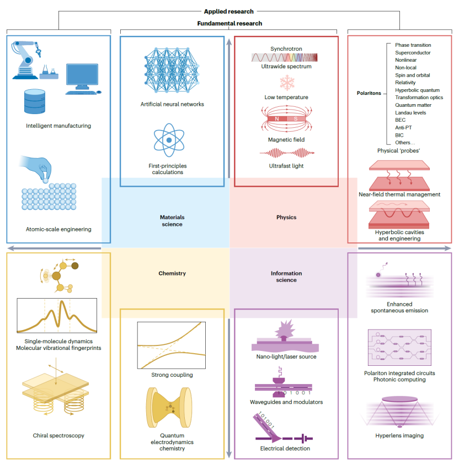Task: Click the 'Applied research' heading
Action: pos(229,11)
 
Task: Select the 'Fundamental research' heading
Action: pos(229,24)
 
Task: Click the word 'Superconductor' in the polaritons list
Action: pos(413,52)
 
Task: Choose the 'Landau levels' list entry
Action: pos(411,112)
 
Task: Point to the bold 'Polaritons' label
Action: pos(369,94)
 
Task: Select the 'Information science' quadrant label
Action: pos(284,277)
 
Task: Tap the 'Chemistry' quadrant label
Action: pos(172,273)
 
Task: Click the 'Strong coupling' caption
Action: pos(172,375)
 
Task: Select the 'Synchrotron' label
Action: pos(286,48)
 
